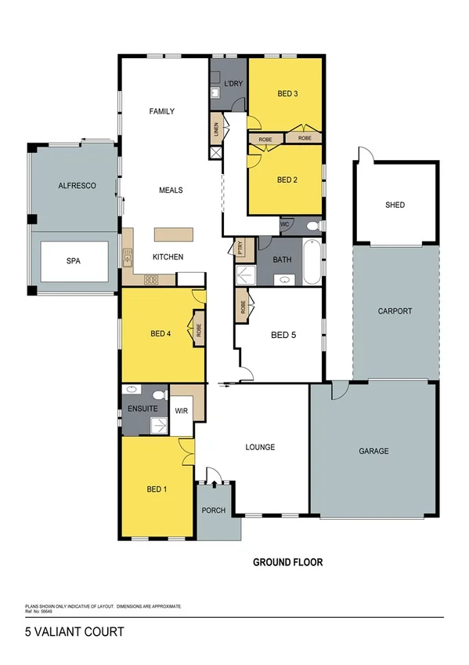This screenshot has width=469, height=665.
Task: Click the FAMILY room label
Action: pyautogui.click(x=161, y=111)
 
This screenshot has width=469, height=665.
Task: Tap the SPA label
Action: pyautogui.click(x=74, y=263)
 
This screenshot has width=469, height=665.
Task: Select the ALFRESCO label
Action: pyautogui.click(x=77, y=186)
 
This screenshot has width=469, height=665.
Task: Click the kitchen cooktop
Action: pyautogui.click(x=151, y=278)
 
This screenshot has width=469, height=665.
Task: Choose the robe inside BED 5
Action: pyautogui.click(x=244, y=307)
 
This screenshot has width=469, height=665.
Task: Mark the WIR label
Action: pyautogui.click(x=181, y=409)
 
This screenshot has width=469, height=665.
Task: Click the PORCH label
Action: pyautogui.click(x=214, y=511)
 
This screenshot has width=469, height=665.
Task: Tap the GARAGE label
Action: pyautogui.click(x=373, y=451)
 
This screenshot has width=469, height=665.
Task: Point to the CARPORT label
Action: pyautogui.click(x=395, y=311)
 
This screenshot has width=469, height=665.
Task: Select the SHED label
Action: pyautogui.click(x=395, y=205)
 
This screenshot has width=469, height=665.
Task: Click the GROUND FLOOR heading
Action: pyautogui.click(x=287, y=562)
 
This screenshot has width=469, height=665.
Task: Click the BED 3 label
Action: pyautogui.click(x=287, y=94)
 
